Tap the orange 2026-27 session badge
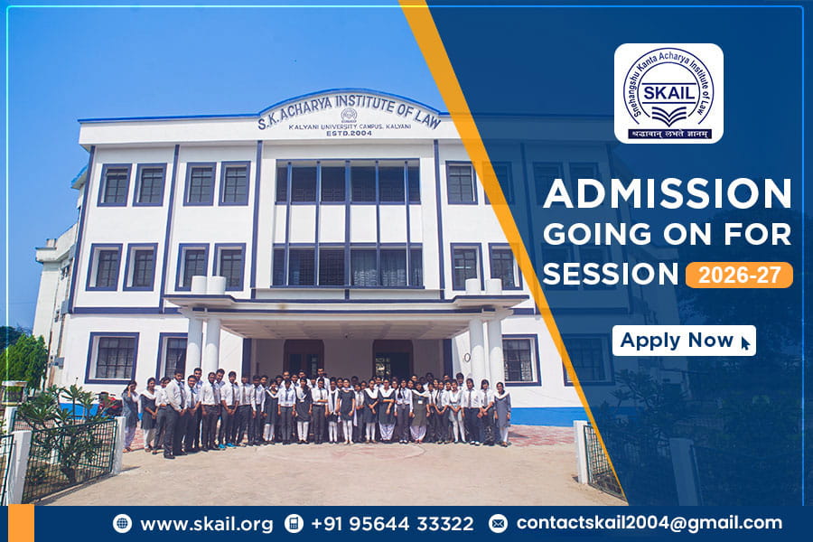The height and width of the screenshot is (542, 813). [x=739, y=274]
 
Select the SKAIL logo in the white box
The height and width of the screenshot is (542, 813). [x=668, y=93]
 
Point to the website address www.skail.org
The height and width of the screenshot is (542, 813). [x=206, y=523]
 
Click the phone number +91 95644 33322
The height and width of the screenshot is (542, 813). [x=392, y=523]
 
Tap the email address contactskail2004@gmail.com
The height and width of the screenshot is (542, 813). [x=649, y=523]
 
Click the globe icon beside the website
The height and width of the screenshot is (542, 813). [x=122, y=523]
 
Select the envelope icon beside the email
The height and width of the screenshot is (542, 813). [x=498, y=523]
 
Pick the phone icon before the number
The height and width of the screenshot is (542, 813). [x=293, y=523]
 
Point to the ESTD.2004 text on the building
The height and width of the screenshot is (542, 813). [x=349, y=132]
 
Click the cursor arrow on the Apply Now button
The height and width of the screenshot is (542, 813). [x=745, y=342]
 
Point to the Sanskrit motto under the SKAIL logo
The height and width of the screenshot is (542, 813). [x=668, y=134]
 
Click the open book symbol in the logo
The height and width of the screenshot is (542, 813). [x=668, y=117]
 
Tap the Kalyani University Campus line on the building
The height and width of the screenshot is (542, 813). [x=349, y=124]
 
